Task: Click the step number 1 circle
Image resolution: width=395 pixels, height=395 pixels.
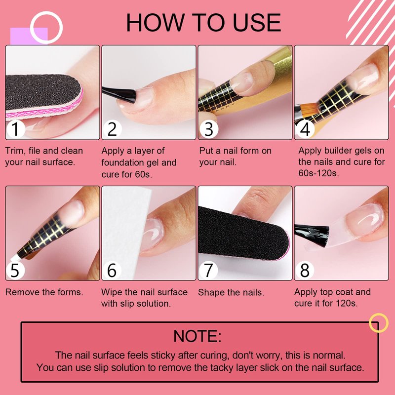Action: tap(16, 129)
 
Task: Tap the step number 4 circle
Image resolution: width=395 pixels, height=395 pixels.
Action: tap(305, 129)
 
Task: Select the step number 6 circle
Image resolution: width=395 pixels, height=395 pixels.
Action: tap(112, 270)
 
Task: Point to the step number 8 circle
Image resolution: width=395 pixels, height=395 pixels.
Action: tap(305, 270)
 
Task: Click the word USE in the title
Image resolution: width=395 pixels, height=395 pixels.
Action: tap(257, 23)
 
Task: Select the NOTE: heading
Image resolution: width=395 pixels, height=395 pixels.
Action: tap(197, 336)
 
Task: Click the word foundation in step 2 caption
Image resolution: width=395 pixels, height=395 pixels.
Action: tap(122, 163)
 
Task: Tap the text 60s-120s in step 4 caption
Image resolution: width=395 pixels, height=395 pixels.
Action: tap(318, 173)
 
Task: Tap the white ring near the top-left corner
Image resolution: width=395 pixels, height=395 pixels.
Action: tap(46, 12)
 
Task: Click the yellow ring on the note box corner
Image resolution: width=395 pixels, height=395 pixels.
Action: tap(379, 314)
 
